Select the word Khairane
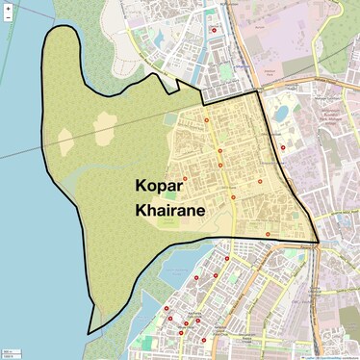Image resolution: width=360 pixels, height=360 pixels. coord(168,211)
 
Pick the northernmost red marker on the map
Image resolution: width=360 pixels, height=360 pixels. coord(213,30)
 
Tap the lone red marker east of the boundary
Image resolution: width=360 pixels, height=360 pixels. coord(283,147)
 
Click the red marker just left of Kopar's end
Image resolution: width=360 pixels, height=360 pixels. coord(185,179)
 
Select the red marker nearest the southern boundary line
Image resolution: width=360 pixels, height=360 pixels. coord(268,234)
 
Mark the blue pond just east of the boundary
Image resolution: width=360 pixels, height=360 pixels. coord(281,114)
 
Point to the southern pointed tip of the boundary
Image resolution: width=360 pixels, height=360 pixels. coord(89,333)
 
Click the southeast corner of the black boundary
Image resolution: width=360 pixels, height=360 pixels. coord(319,241)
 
